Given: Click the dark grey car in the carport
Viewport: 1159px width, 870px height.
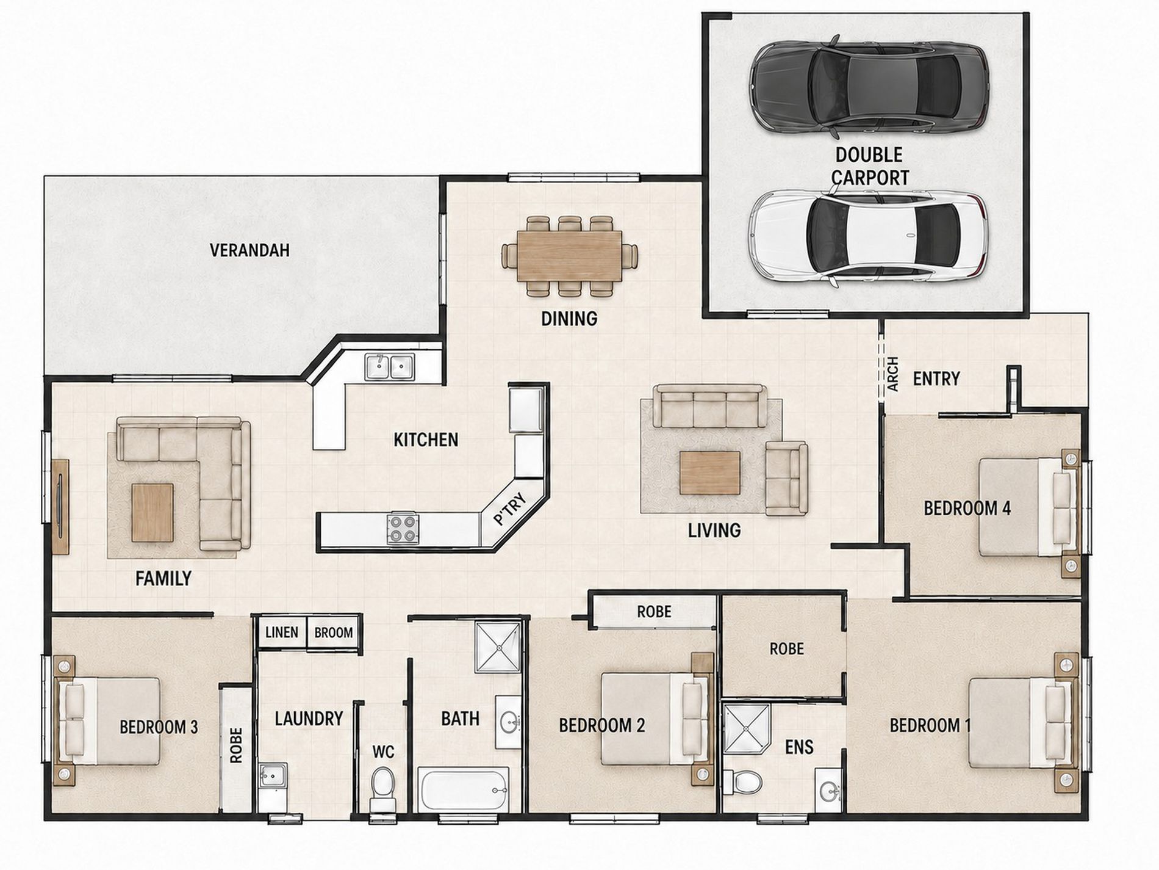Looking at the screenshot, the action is click(869, 84).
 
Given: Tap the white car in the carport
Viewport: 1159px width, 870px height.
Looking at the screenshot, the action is click(869, 236).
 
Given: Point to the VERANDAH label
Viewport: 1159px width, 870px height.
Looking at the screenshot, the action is click(249, 250).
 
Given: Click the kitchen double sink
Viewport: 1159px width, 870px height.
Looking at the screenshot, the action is click(389, 367).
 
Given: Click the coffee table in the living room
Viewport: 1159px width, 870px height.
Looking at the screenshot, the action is click(711, 473).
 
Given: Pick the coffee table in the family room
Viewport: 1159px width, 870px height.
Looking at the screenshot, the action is click(152, 513).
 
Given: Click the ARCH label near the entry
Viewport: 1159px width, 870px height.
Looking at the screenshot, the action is click(892, 374).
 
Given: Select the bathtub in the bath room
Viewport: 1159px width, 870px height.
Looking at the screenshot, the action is click(464, 789).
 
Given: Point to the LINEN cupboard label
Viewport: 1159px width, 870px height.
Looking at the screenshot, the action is click(282, 632).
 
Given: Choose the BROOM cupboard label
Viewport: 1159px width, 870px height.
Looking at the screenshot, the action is click(334, 633).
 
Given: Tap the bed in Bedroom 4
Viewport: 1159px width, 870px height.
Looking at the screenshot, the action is click(1025, 507).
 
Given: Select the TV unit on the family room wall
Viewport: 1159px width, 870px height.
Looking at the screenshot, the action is click(61, 506).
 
